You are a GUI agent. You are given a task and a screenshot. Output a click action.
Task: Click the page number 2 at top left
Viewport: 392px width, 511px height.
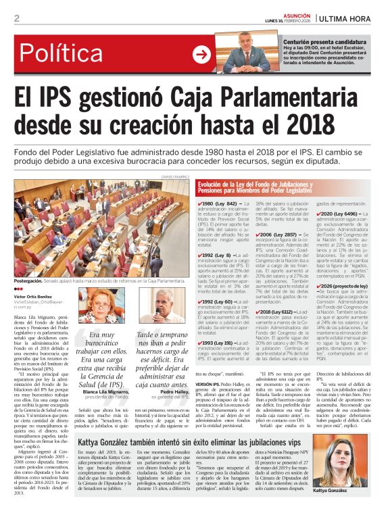pos(16,18)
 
